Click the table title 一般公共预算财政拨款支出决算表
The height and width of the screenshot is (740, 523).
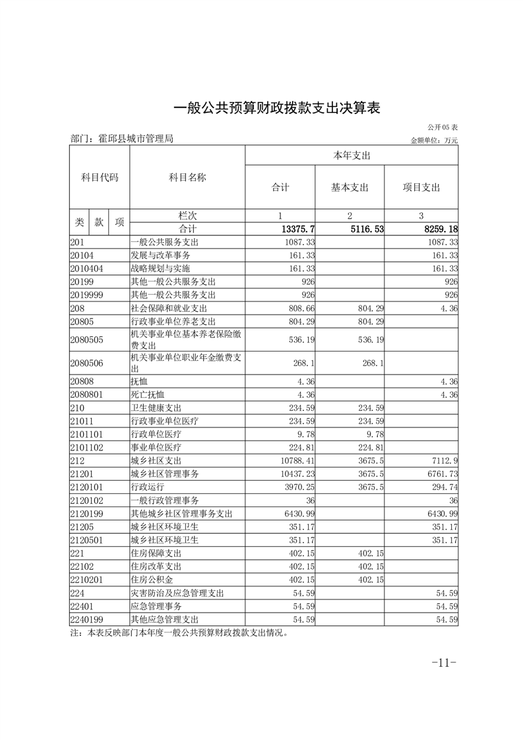coord(277,108)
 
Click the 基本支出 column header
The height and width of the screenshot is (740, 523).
coord(350,187)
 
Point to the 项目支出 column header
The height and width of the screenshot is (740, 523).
coord(421,187)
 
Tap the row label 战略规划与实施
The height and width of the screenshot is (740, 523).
coord(160,268)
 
